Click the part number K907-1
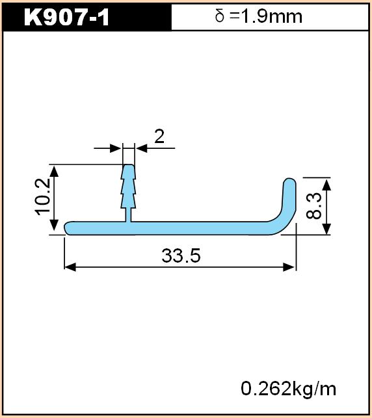pyautogui.click(x=66, y=18)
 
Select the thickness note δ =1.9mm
pyautogui.click(x=259, y=16)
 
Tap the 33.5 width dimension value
pyautogui.click(x=181, y=255)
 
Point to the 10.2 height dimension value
pyautogui.click(x=43, y=197)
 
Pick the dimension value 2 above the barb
pyautogui.click(x=159, y=137)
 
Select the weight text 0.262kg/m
pyautogui.click(x=289, y=389)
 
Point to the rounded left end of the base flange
pyautogui.click(x=67, y=228)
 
